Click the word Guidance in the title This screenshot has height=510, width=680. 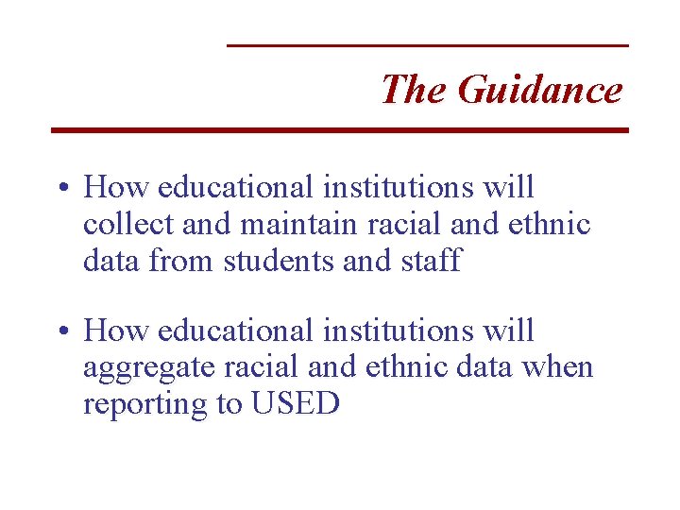click(x=539, y=91)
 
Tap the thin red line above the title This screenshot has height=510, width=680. click(x=428, y=45)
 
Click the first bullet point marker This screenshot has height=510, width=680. click(x=60, y=188)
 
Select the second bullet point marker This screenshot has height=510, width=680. click(x=60, y=331)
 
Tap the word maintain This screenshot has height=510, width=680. click(x=288, y=224)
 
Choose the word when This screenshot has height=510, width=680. click(x=560, y=367)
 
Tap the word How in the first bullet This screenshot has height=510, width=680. click(x=116, y=188)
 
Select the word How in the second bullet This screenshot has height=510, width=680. click(x=116, y=331)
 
